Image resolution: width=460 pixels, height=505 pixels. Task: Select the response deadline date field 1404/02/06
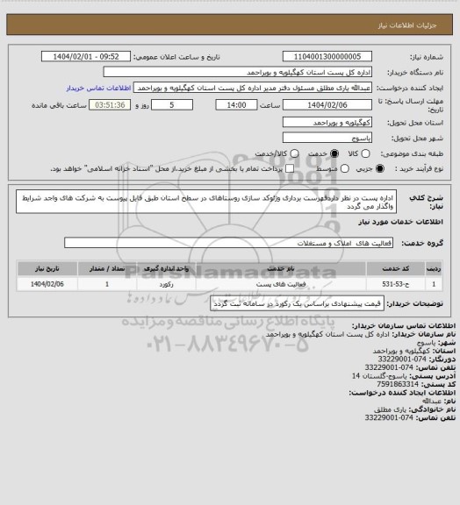[322, 104]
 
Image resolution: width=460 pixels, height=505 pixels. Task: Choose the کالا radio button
[357, 153]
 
